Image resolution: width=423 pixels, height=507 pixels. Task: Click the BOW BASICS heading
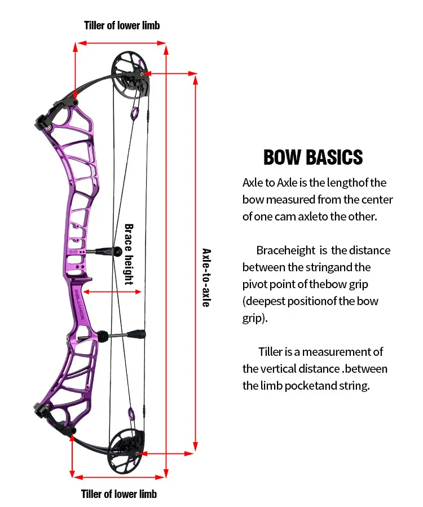pos(313,157)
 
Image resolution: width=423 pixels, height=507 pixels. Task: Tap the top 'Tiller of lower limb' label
pos(122,25)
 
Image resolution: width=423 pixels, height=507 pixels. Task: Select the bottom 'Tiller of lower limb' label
pos(119,494)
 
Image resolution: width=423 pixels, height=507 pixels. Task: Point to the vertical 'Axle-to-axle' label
pos(206,277)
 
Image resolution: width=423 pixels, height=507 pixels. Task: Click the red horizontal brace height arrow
pos(113,292)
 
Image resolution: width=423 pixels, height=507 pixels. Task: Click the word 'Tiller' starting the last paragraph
pos(271,352)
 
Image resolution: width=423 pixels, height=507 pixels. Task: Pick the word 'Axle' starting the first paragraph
pos(253,183)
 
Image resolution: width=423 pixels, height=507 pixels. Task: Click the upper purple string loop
pos(135,114)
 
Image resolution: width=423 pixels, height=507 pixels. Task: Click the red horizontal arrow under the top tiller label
pos(122,42)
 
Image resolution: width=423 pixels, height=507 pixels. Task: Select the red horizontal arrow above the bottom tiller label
pos(119,477)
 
